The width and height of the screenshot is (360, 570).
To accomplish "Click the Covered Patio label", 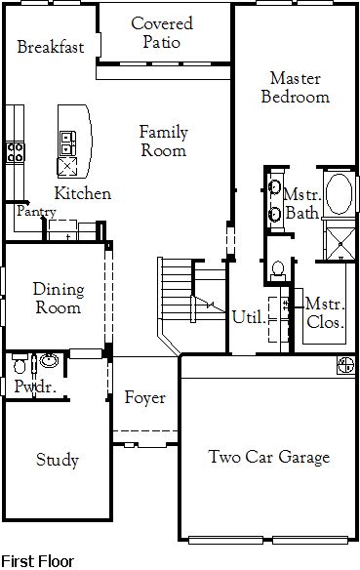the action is point(162,33).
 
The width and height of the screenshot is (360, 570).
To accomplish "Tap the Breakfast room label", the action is point(51,47).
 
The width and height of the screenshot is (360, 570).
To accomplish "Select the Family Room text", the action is point(164,142).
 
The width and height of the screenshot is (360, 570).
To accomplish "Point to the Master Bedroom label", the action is point(296,88).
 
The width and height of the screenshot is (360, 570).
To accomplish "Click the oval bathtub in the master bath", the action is point(339,194).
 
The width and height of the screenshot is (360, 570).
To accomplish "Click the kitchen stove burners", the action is point(16,152).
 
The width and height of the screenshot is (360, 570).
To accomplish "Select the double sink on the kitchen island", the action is point(68,143).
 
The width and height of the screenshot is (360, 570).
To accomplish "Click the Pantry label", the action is point(36,211).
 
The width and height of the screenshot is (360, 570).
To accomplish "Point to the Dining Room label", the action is point(59,299).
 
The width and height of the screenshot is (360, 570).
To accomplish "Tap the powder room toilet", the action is point(20,363).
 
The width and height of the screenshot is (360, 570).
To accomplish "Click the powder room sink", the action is point(49,360).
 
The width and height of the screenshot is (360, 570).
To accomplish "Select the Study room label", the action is point(58,460).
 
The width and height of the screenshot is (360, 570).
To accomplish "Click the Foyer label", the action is point(145,397).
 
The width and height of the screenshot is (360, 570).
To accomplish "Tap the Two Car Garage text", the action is point(269,457).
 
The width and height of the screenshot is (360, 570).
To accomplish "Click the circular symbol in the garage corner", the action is point(345,365).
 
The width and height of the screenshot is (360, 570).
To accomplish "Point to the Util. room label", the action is point(249,317).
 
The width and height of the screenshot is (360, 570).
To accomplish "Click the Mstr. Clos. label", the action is point(325,313).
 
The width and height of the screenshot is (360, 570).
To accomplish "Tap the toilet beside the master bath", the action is point(278,271).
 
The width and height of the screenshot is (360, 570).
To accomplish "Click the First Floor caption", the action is point(38,561).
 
